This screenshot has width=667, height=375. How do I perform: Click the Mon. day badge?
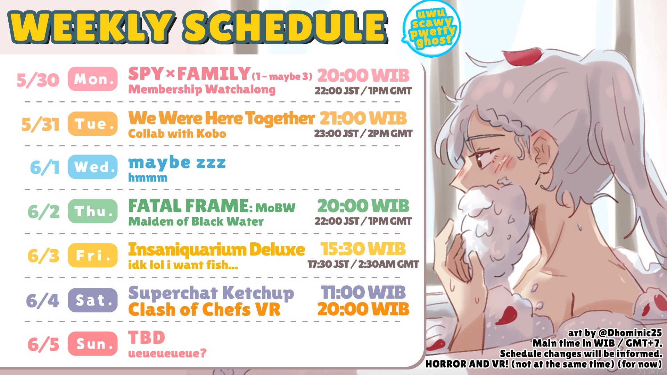click(x=93, y=79)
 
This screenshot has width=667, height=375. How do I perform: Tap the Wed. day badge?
click(x=93, y=167)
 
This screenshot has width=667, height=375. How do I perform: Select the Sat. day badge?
click(x=93, y=300)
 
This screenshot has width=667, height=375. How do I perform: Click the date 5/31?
click(x=40, y=124)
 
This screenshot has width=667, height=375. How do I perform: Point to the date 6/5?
click(x=43, y=344)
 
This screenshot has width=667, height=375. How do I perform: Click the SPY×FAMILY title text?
click(x=189, y=74)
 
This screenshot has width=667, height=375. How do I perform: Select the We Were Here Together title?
click(x=221, y=118)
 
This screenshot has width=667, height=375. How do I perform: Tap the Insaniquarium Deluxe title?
click(x=216, y=249)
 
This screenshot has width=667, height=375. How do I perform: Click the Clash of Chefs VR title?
click(x=204, y=309)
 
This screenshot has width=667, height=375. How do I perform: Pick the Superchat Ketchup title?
click(x=211, y=293)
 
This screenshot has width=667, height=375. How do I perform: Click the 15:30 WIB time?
click(x=363, y=249)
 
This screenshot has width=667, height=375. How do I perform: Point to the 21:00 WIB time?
click(x=363, y=118)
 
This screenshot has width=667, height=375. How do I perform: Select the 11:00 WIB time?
click(x=363, y=292)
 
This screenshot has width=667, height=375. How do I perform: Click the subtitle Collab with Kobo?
click(x=177, y=134)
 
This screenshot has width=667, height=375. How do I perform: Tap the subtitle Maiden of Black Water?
click(x=196, y=221)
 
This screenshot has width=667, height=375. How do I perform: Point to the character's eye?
click(x=484, y=160)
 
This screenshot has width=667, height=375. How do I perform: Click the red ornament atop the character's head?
click(x=522, y=56)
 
